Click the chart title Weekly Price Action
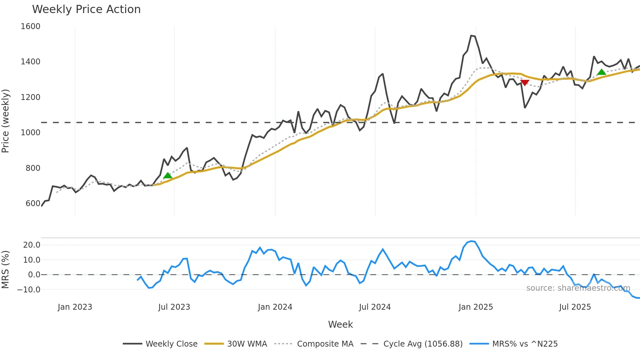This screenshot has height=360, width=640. click(x=86, y=9)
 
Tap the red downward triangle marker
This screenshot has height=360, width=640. click(x=525, y=83)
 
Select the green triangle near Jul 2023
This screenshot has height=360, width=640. click(x=168, y=175)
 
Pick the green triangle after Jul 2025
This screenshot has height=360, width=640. click(x=601, y=72)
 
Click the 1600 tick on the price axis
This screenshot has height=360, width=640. click(x=30, y=26)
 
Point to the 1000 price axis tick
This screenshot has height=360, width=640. click(x=30, y=133)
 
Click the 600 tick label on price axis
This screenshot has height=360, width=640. click(x=33, y=204)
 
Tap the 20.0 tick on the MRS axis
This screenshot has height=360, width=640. click(x=32, y=245)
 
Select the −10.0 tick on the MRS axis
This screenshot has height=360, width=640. click(x=29, y=290)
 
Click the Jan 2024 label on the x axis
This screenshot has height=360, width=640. click(x=275, y=307)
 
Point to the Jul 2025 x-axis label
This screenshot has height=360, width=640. click(x=575, y=307)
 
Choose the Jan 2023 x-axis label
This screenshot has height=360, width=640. click(x=75, y=307)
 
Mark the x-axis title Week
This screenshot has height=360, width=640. click(x=340, y=324)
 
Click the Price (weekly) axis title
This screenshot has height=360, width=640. click(x=6, y=121)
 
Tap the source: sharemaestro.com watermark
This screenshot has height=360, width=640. click(x=578, y=288)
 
